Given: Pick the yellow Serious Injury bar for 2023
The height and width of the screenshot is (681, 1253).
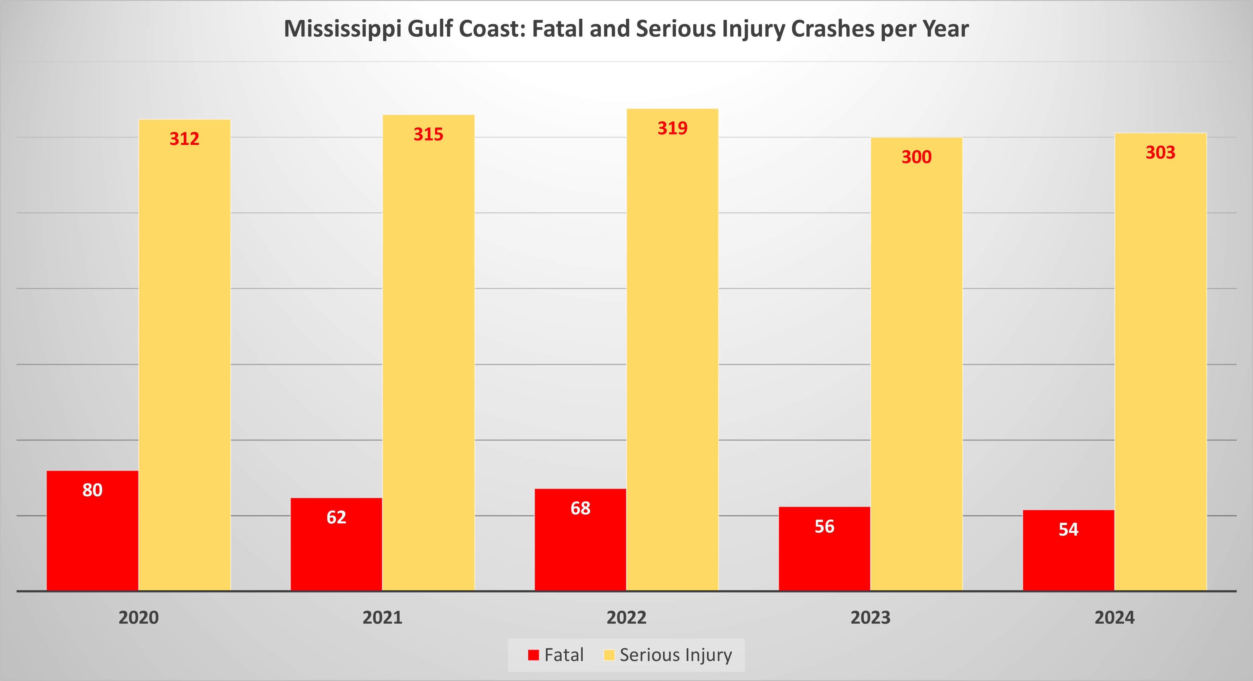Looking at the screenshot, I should coord(916,365).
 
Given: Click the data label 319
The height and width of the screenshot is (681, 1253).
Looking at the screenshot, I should coord(672,128).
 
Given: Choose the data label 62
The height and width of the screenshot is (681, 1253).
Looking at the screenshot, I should coord(336,517).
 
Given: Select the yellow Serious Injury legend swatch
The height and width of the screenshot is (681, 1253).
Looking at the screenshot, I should coord(609,655).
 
